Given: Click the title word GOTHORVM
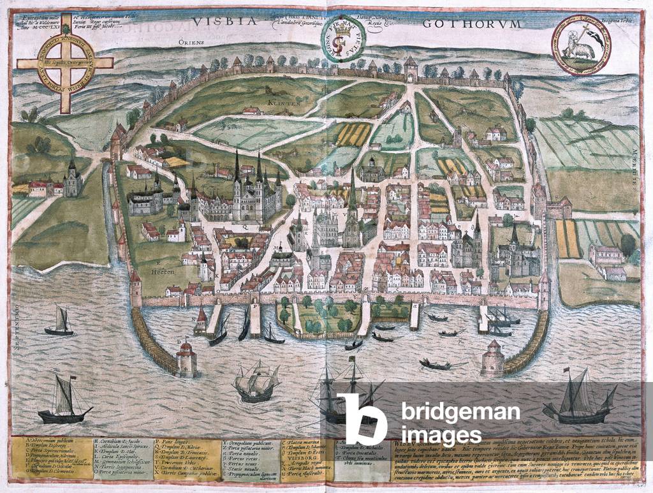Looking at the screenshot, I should tap(471, 24).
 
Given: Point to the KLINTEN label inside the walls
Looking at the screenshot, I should tap(281, 102).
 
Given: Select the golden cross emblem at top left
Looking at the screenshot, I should tap(64, 63).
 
